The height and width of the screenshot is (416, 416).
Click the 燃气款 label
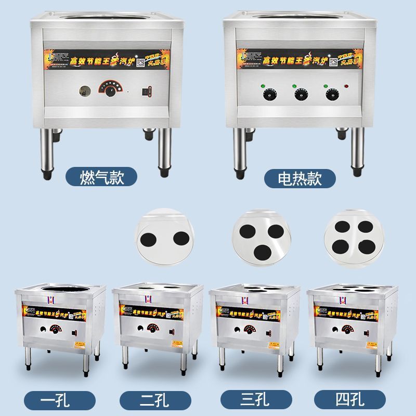(101, 178)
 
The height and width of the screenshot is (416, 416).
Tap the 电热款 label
(300, 178)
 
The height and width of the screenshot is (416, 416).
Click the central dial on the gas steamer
(109, 90)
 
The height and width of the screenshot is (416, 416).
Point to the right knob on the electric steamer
(330, 94)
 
